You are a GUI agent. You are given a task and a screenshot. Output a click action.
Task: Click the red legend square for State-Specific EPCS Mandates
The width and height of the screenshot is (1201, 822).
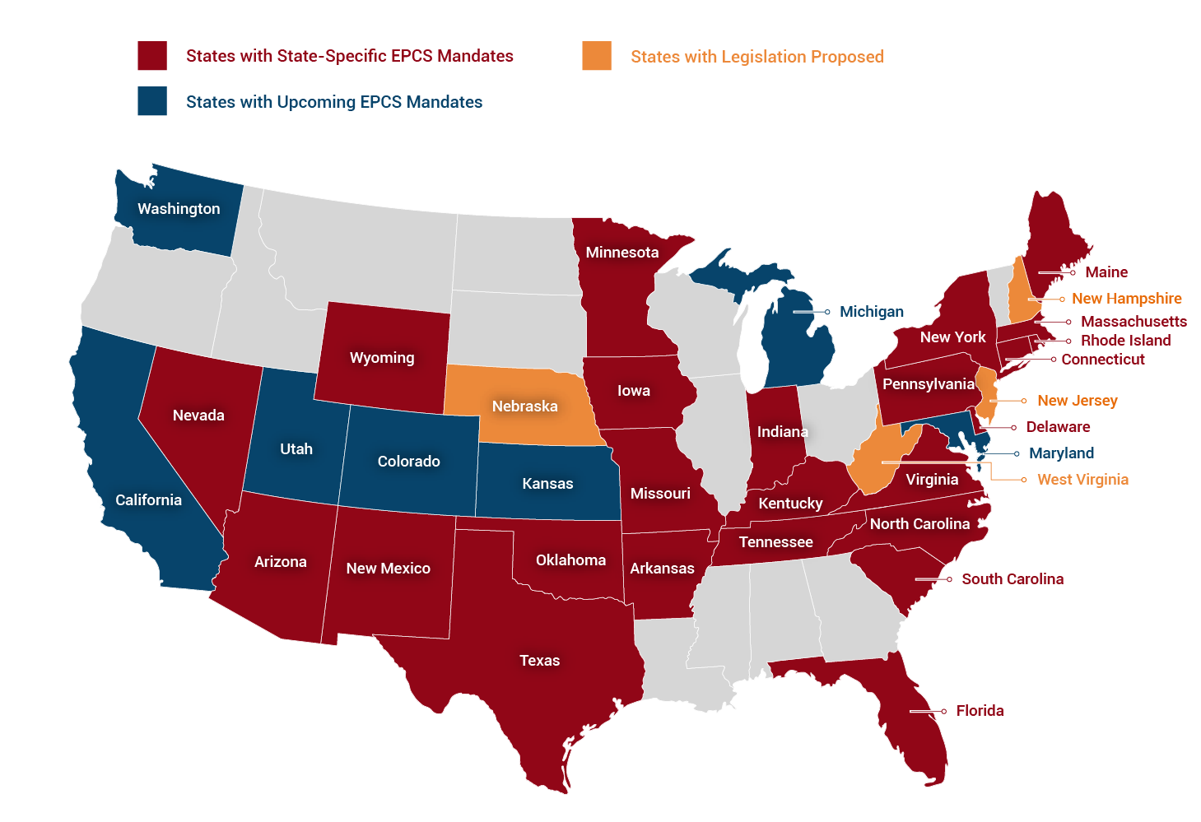(152, 56)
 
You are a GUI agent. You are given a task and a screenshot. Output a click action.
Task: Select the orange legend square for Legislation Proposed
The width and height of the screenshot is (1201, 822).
(597, 56)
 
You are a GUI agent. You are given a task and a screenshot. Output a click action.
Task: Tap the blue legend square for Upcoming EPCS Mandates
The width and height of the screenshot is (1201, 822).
(152, 101)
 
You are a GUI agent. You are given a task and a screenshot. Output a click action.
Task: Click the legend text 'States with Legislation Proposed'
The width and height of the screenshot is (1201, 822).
(756, 57)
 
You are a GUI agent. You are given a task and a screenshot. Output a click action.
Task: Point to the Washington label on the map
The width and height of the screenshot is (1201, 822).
(179, 209)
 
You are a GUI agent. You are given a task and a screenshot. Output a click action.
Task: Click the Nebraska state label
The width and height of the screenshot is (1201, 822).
(524, 406)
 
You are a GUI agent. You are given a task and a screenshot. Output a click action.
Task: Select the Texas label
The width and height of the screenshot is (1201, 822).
(539, 661)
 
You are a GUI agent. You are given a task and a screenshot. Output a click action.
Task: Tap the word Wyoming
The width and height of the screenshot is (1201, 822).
(382, 358)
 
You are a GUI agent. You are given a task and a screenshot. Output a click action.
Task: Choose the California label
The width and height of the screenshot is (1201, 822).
(148, 500)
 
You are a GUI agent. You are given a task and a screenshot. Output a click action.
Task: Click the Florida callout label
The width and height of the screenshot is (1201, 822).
(980, 711)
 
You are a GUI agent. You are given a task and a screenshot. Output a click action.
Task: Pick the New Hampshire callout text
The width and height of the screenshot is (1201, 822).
(1126, 299)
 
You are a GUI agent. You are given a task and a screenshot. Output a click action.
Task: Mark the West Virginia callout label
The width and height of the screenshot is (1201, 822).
(1082, 480)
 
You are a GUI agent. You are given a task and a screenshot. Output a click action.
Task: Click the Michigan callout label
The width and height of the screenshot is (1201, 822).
(871, 312)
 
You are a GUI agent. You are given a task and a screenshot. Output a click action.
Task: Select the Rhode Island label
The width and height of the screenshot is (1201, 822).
(1125, 341)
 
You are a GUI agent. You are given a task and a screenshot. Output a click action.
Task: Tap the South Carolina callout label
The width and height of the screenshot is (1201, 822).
(1012, 579)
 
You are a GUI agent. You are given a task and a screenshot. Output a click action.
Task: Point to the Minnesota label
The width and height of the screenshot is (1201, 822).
(621, 253)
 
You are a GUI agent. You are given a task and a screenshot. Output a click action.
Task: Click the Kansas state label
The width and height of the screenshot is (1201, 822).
(547, 484)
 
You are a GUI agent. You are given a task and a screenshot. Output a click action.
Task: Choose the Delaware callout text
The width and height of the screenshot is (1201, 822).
(1058, 427)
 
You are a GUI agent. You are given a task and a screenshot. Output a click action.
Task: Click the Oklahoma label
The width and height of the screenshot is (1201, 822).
(570, 560)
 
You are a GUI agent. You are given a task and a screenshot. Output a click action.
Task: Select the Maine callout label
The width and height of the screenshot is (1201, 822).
(1106, 272)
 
